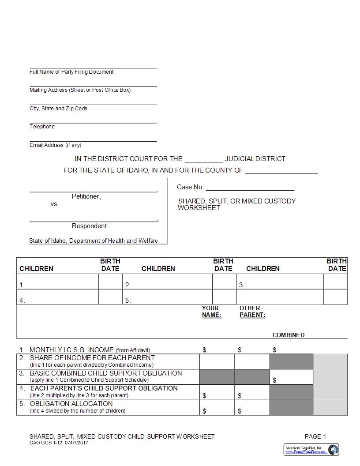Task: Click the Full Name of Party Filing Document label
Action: pyautogui.click(x=71, y=72)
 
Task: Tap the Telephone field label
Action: pyautogui.click(x=42, y=127)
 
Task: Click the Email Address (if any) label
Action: pyautogui.click(x=55, y=145)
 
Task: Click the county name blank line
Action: pyautogui.click(x=281, y=171)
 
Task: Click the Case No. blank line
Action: pyautogui.click(x=250, y=188)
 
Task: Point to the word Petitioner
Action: pyautogui.click(x=86, y=196)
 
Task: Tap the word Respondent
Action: pyautogui.click(x=90, y=226)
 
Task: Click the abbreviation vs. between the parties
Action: pyautogui.click(x=54, y=204)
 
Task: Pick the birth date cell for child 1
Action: pyautogui.click(x=110, y=282)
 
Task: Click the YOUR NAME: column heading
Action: pyautogui.click(x=211, y=312)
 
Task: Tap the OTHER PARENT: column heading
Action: pyautogui.click(x=252, y=312)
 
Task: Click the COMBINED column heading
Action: pyautogui.click(x=288, y=335)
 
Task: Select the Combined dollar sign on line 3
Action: pyautogui.click(x=275, y=380)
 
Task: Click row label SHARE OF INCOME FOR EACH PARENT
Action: pyautogui.click(x=92, y=358)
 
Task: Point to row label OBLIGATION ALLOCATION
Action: pyautogui.click(x=71, y=404)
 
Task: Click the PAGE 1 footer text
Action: pyautogui.click(x=315, y=436)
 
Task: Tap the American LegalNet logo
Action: pyautogui.click(x=311, y=450)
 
